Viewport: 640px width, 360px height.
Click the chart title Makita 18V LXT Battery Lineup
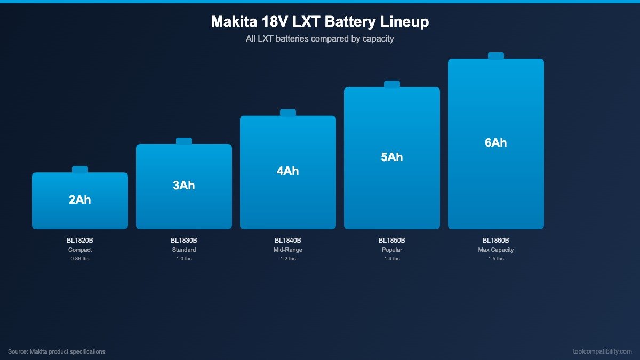point(320,22)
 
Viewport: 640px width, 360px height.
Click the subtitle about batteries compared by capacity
point(320,39)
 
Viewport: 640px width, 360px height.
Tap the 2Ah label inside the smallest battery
point(80,200)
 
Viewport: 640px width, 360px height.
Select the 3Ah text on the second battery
point(184,186)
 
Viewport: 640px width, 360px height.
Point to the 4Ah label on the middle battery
point(288,171)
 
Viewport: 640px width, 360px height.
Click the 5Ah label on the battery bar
point(392,157)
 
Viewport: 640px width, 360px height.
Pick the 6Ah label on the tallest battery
point(496,143)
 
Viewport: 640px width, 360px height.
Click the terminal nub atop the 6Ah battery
point(496,56)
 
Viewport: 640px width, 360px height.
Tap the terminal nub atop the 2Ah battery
point(80,170)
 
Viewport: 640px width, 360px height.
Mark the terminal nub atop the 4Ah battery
point(288,113)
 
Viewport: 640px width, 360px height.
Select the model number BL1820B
point(80,241)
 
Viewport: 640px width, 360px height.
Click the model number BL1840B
point(288,241)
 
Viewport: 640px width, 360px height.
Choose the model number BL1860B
point(496,241)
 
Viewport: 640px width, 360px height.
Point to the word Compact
point(80,250)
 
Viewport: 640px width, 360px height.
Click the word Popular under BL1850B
point(392,250)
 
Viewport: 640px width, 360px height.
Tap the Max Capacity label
point(496,250)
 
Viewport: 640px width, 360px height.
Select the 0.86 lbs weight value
point(80,259)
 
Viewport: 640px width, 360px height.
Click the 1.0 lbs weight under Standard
point(184,259)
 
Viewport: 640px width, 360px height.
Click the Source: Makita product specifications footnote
point(57,351)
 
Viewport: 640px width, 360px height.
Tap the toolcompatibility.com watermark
point(602,351)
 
